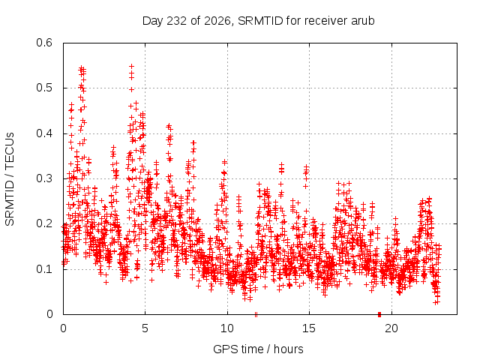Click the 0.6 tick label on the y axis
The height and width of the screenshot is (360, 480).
[44, 43]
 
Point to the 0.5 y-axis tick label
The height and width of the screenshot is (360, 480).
[44, 88]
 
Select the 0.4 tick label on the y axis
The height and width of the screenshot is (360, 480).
[44, 133]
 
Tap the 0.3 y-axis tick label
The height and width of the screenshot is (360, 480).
[44, 178]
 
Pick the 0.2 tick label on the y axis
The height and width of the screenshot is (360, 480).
[44, 223]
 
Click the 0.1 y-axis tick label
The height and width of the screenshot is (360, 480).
[44, 269]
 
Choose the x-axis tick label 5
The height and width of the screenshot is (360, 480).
[145, 328]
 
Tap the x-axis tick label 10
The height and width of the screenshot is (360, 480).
[227, 328]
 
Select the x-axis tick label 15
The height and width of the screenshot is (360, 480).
[309, 328]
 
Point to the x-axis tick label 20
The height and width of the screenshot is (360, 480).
[391, 328]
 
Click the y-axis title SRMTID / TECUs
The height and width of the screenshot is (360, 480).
[10, 179]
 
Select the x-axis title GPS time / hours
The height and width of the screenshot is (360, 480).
[258, 349]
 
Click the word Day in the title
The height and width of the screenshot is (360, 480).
[153, 21]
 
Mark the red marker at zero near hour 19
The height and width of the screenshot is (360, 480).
[379, 314]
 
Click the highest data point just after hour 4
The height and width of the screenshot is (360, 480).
[132, 66]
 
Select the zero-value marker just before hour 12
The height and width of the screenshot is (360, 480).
[256, 314]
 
